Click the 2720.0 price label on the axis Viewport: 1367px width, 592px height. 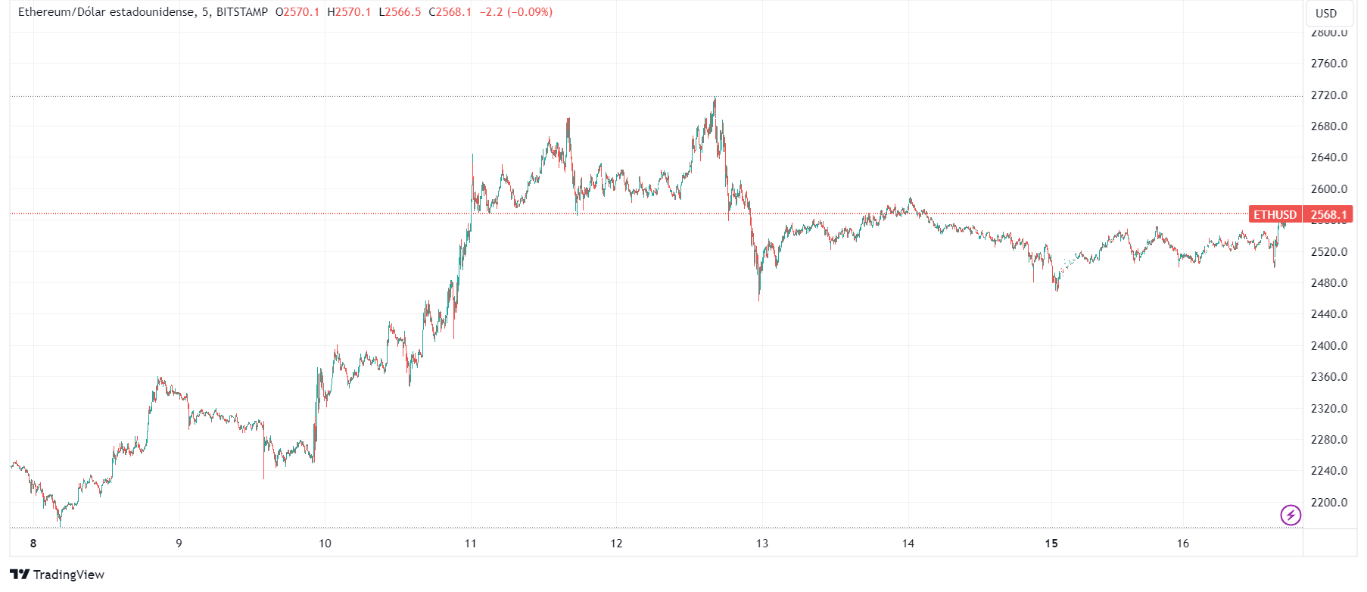pos(1328,95)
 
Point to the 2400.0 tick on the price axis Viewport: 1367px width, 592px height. pos(1328,346)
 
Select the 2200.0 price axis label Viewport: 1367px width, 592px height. pos(1328,503)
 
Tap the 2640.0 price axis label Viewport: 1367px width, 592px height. pos(1328,157)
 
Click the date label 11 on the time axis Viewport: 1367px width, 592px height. pos(471,544)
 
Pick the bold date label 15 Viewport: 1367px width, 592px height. pos(1051,544)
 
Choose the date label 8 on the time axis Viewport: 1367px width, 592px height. pos(33,544)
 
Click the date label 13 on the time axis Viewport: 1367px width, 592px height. pos(762,544)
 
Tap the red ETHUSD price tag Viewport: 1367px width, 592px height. pos(1275,215)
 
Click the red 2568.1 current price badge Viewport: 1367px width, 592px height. pos(1328,215)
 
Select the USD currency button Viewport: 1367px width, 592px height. pos(1326,14)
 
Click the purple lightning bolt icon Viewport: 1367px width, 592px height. pos(1290,516)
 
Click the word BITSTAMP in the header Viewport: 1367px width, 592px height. pos(242,12)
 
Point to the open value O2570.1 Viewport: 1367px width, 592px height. pos(297,12)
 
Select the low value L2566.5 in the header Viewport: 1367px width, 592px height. pos(400,12)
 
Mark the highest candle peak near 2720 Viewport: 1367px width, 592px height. pos(715,98)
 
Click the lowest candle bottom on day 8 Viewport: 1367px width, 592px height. pos(60,524)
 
